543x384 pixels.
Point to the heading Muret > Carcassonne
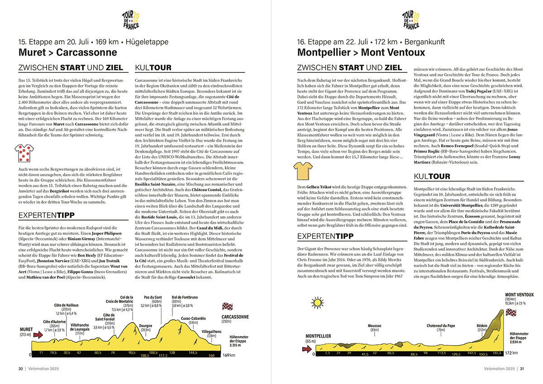tap(67, 52)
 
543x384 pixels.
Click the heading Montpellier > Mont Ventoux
tap(361, 52)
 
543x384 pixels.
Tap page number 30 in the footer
tap(21, 368)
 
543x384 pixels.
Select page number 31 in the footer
tap(522, 368)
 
